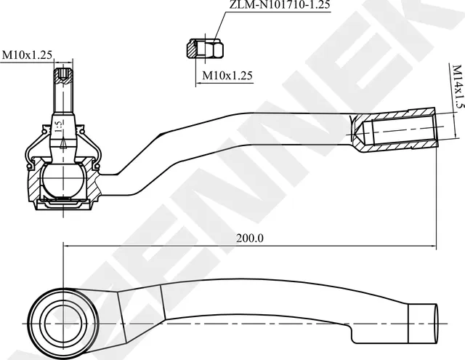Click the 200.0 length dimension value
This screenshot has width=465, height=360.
click(250, 238)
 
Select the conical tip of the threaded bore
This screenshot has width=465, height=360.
click(357, 132)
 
